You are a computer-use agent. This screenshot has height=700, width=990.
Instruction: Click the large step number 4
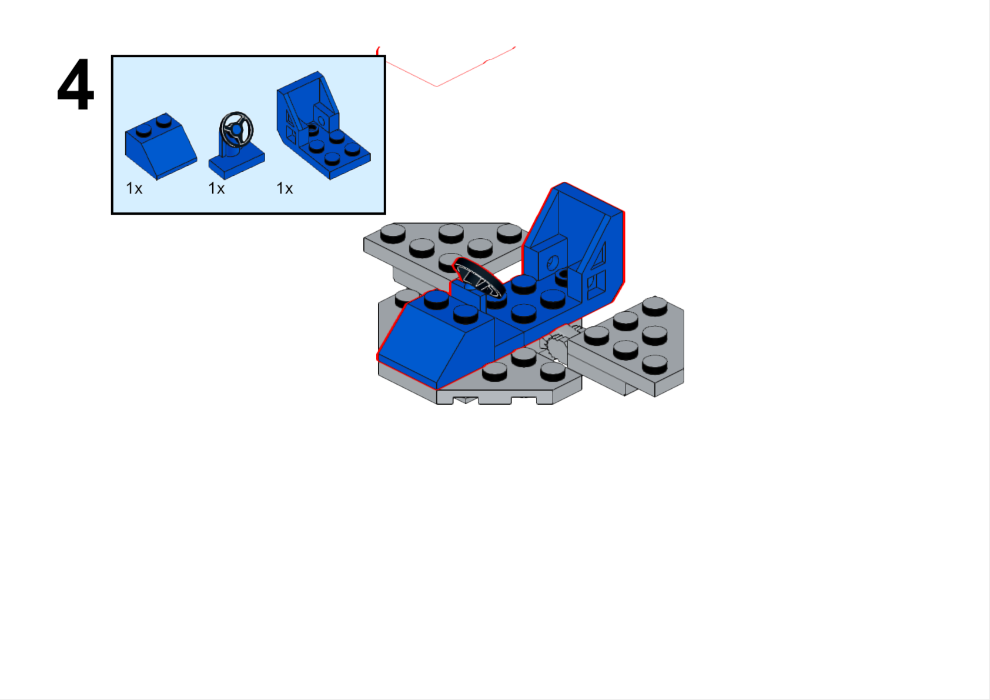click(76, 84)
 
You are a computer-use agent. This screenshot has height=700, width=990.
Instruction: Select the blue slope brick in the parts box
click(161, 146)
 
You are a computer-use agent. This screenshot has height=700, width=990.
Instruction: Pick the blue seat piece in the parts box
click(323, 125)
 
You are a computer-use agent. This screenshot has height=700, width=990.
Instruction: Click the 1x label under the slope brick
click(134, 189)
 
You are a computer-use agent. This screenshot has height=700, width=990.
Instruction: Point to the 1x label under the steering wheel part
click(216, 189)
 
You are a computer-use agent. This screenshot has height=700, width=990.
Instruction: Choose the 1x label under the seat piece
click(285, 189)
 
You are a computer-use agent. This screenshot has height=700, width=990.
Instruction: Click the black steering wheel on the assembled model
click(478, 277)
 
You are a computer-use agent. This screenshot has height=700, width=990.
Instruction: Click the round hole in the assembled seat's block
click(553, 262)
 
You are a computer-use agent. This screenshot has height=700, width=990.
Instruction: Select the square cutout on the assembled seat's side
click(597, 285)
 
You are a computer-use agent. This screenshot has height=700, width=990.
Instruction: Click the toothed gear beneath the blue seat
click(556, 347)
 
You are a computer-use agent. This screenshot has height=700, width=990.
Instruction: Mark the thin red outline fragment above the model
click(446, 66)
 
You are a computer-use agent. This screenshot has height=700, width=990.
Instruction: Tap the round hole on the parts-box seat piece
click(322, 121)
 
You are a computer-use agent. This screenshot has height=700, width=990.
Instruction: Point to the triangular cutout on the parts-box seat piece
click(290, 118)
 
